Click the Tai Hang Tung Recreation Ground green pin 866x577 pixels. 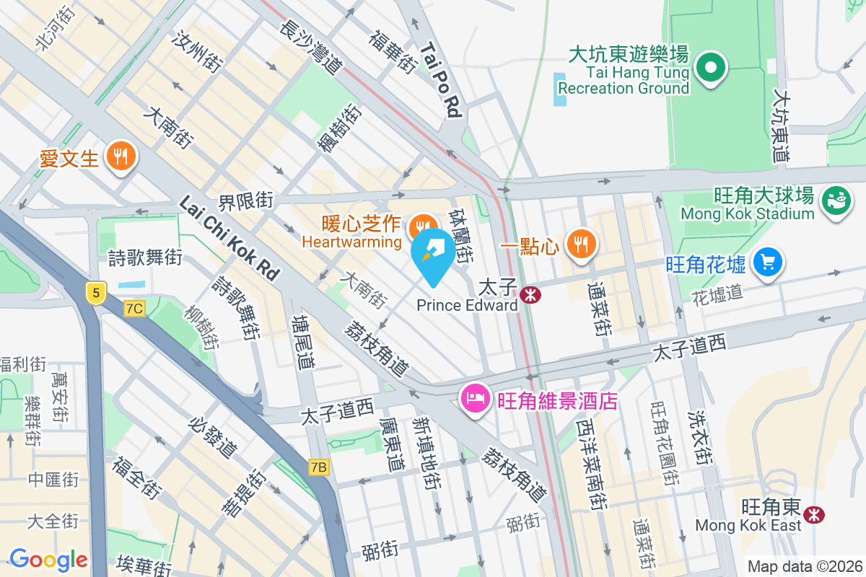pyautogui.click(x=711, y=68)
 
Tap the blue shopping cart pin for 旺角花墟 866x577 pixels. pyautogui.click(x=767, y=261)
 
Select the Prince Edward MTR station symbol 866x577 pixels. pyautogui.click(x=530, y=295)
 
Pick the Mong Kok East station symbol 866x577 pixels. pyautogui.click(x=815, y=514)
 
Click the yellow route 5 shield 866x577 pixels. pyautogui.click(x=95, y=292)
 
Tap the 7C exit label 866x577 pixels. pyautogui.click(x=134, y=309)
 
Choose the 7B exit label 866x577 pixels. pyautogui.click(x=318, y=467)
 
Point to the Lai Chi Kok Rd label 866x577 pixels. pyautogui.click(x=229, y=238)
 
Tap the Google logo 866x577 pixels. pyautogui.click(x=48, y=559)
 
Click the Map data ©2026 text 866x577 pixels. pyautogui.click(x=804, y=566)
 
